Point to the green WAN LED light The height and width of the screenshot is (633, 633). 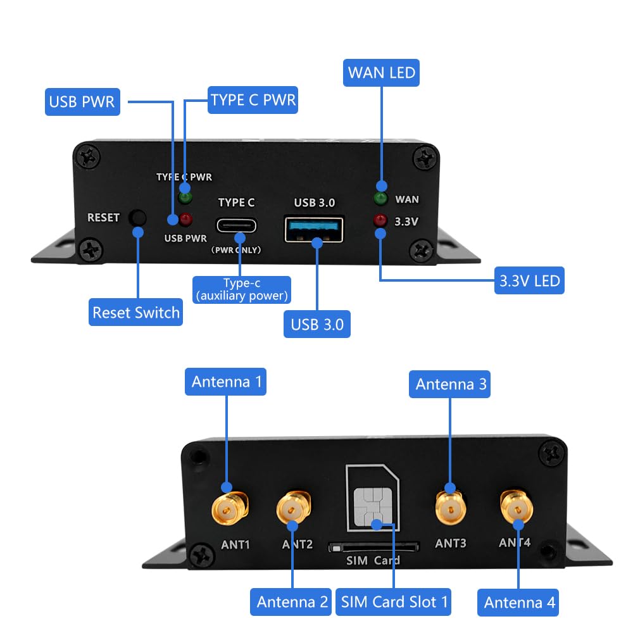381,198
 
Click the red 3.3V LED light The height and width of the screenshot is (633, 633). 380,221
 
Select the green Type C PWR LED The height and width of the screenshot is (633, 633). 185,197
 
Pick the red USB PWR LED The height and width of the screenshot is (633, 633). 185,220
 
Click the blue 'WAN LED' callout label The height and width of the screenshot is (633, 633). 382,73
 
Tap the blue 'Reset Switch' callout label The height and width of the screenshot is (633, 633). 136,313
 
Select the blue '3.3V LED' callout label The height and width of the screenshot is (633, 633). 529,280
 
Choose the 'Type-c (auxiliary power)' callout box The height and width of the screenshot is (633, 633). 242,290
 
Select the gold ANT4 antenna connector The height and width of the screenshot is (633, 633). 517,506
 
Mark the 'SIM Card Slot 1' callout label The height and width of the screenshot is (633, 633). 393,601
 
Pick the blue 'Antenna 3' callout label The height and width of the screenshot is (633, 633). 451,384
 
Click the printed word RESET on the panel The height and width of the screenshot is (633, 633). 103,218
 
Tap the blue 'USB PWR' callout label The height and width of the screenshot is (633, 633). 82,102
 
